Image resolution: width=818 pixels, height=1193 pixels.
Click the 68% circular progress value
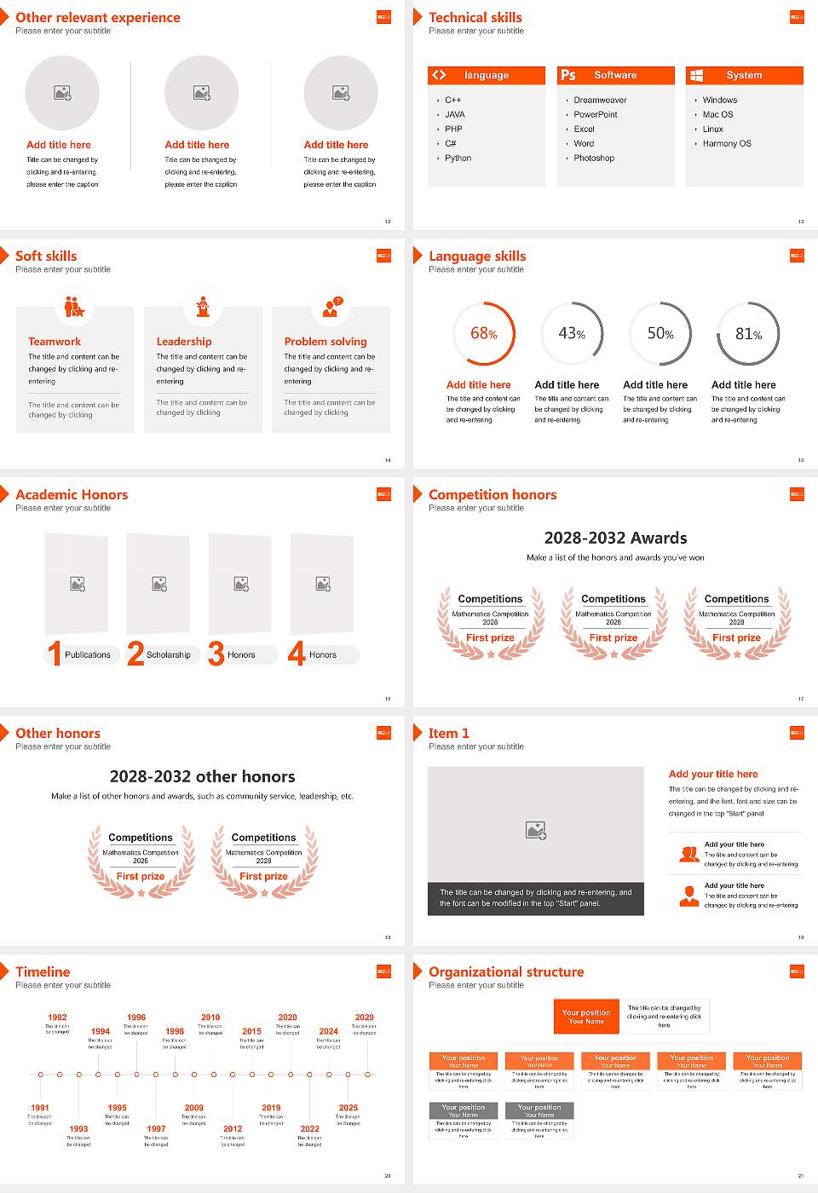click(484, 333)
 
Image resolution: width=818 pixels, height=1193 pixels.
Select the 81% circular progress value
click(748, 334)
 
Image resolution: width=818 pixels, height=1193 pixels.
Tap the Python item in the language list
click(458, 158)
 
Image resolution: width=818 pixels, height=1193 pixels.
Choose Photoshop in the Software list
click(593, 158)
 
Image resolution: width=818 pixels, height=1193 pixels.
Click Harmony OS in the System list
click(726, 143)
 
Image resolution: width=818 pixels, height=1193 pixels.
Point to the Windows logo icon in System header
click(696, 75)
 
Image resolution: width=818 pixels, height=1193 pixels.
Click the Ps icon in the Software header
click(568, 75)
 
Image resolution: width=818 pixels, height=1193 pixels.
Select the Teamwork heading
click(55, 341)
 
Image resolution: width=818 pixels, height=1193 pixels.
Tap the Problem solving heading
click(325, 341)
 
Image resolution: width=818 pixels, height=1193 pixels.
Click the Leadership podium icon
click(203, 306)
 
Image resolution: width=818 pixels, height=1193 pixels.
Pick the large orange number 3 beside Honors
click(216, 654)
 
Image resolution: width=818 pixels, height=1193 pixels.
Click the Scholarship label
click(168, 654)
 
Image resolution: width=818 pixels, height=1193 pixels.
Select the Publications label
click(87, 654)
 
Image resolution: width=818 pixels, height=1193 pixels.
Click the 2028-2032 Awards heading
click(615, 538)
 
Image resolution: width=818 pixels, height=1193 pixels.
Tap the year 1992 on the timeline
click(57, 1017)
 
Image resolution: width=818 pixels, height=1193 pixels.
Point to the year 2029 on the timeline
click(364, 1017)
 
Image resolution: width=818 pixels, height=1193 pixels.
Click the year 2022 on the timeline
click(309, 1128)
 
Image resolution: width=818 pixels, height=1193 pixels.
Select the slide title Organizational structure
click(506, 971)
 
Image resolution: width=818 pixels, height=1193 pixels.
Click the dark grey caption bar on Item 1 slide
click(535, 898)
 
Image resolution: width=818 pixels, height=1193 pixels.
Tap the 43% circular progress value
click(572, 333)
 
